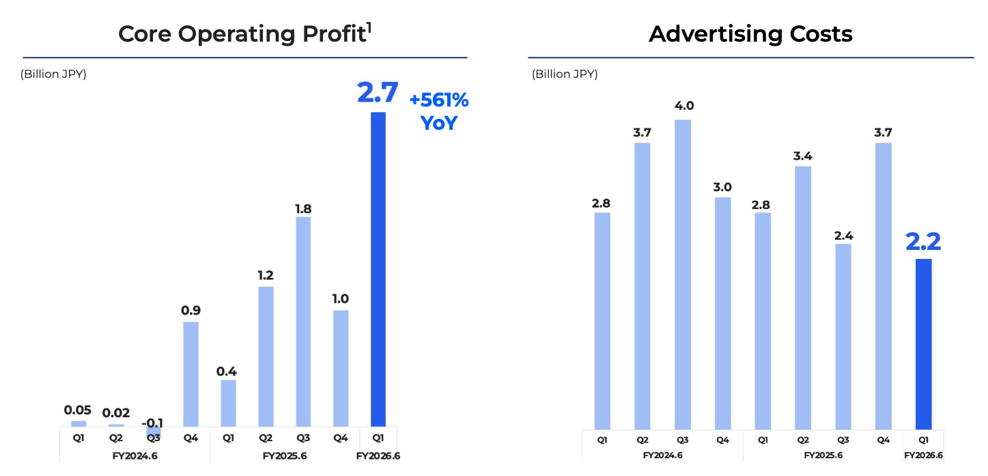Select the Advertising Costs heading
(750, 33)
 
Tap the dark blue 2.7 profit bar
(378, 269)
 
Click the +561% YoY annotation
(438, 112)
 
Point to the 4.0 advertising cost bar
(683, 274)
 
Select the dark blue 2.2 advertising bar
(923, 344)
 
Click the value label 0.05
(79, 410)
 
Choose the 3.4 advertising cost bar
(803, 297)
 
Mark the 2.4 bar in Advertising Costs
(843, 336)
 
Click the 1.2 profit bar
(266, 356)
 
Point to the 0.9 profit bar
(191, 374)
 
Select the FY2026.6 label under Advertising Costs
(923, 456)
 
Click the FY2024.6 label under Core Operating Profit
(135, 456)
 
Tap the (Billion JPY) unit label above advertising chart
(565, 74)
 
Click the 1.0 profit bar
(341, 368)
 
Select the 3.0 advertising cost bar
(722, 313)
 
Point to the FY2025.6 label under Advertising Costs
(823, 456)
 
